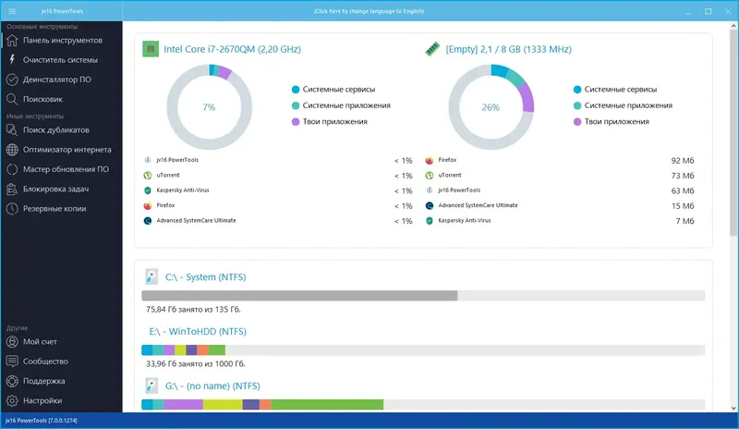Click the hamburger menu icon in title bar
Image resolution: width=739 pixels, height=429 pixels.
pyautogui.click(x=12, y=11)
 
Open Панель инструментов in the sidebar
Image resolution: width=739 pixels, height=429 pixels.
pyautogui.click(x=62, y=41)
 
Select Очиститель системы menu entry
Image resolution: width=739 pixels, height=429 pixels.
pyautogui.click(x=60, y=60)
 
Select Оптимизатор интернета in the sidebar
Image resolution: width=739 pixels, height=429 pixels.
pyautogui.click(x=67, y=150)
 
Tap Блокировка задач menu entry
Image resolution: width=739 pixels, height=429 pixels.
pyautogui.click(x=60, y=189)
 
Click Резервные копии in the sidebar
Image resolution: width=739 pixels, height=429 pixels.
pyautogui.click(x=55, y=208)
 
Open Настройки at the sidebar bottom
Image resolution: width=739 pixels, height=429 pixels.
pyautogui.click(x=42, y=400)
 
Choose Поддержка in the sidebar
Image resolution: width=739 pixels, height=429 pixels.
pyautogui.click(x=44, y=381)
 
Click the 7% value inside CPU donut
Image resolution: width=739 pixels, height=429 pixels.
pyautogui.click(x=209, y=107)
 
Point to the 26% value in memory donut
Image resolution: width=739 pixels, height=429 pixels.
pyautogui.click(x=491, y=107)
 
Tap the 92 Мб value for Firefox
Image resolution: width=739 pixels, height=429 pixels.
pyautogui.click(x=683, y=160)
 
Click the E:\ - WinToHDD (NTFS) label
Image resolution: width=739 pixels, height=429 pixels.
pyautogui.click(x=197, y=331)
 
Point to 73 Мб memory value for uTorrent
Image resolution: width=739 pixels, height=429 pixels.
pyautogui.click(x=683, y=175)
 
